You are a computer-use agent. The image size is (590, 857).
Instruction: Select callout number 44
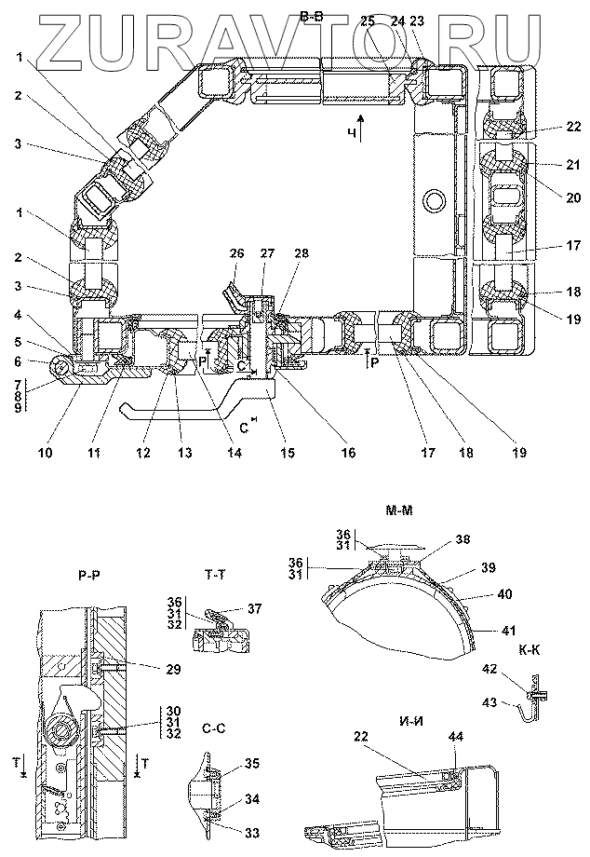point(456,736)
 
